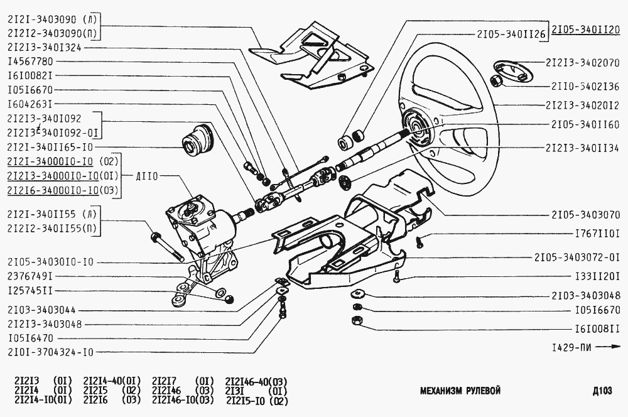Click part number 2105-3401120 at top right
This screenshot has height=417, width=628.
click(x=586, y=30)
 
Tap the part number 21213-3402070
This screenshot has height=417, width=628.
click(x=583, y=63)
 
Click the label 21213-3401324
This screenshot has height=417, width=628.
click(x=45, y=47)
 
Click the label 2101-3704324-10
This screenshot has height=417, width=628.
click(x=50, y=352)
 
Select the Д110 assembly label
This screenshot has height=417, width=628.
click(x=148, y=176)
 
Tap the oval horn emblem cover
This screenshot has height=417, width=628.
click(x=508, y=68)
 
